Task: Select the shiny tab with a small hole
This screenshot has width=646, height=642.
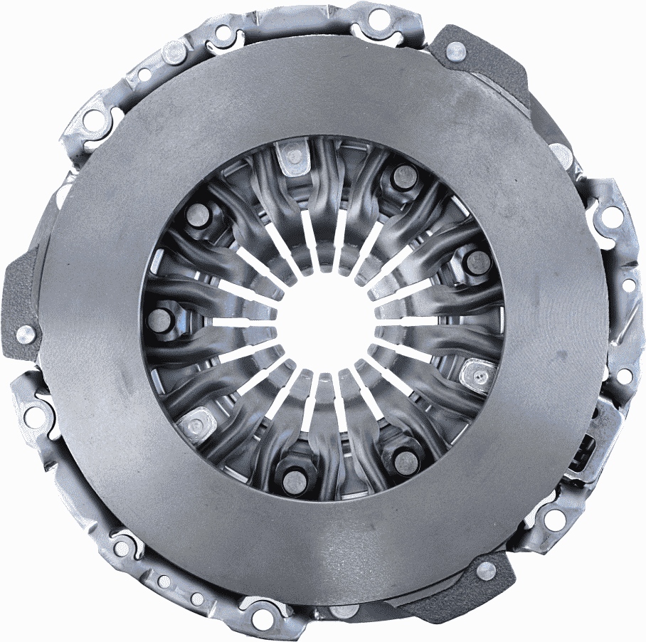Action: point(479,371)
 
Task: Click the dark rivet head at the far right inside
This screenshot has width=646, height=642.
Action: point(477,262)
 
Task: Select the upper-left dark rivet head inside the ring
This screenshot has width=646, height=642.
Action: point(197,216)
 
